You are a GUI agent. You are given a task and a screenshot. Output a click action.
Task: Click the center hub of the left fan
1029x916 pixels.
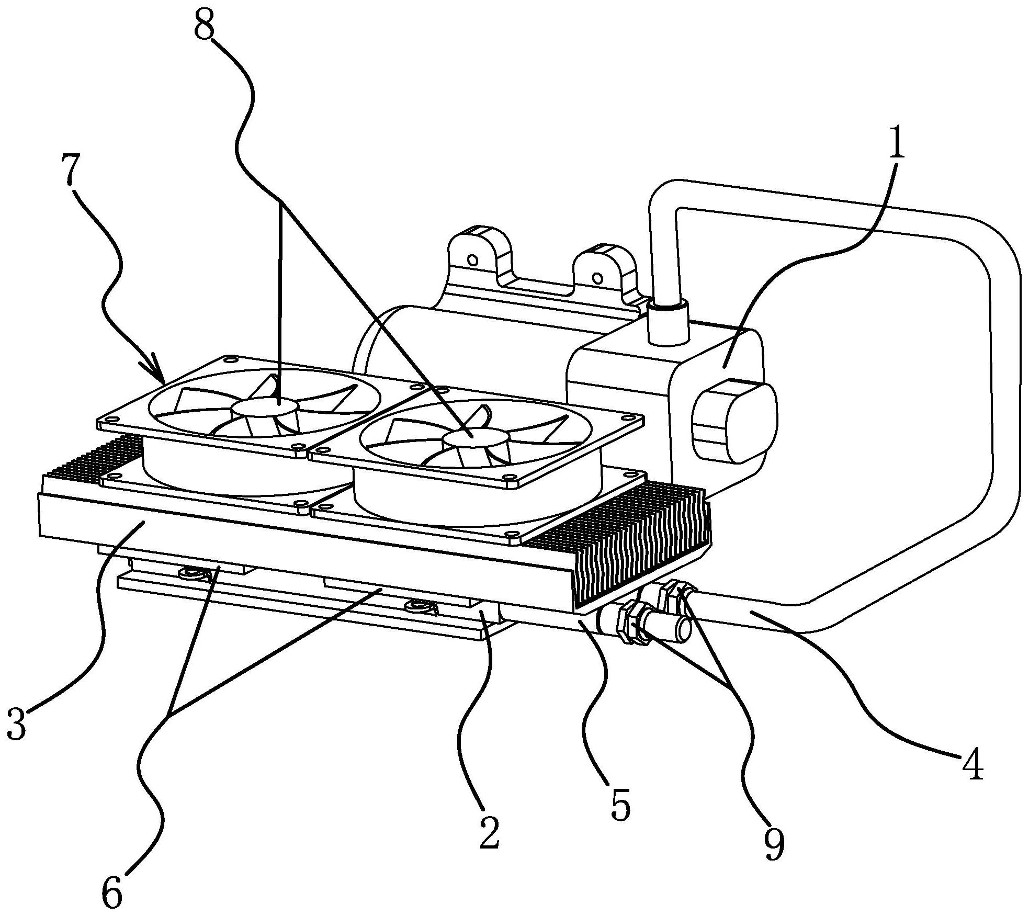[x=265, y=406]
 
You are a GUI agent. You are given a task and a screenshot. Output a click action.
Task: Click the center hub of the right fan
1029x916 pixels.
[x=476, y=438]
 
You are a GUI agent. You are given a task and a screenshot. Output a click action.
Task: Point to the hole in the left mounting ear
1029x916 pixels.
[x=472, y=260]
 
